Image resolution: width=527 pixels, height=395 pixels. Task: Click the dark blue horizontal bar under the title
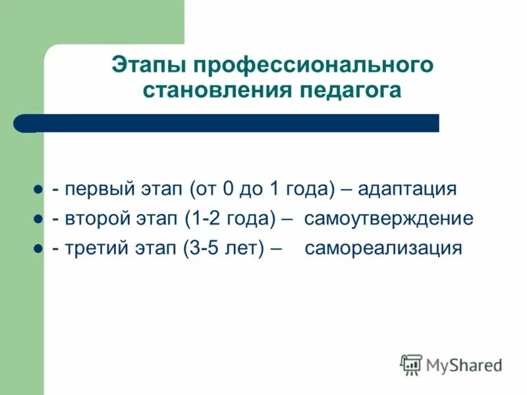(231, 123)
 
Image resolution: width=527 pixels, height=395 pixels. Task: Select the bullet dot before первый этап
(38, 190)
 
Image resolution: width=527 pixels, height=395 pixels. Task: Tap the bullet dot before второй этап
(38, 219)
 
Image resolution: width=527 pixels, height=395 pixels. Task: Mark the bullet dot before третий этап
(38, 249)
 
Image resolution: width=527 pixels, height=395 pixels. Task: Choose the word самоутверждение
(388, 219)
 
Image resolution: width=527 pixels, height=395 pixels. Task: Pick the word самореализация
(383, 249)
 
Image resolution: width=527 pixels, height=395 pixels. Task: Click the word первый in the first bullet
(93, 190)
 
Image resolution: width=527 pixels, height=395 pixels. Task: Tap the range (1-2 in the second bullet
(207, 219)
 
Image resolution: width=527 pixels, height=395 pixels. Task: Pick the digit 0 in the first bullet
(227, 190)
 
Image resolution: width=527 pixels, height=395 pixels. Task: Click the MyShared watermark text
(464, 364)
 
